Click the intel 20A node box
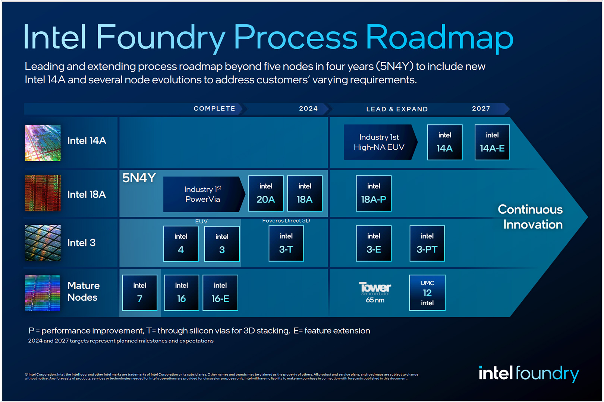[266, 193]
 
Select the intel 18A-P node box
[374, 193]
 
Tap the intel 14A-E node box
[492, 142]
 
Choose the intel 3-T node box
[286, 243]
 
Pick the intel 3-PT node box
[427, 243]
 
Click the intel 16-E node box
[220, 293]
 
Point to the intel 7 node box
[140, 293]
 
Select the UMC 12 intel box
[427, 293]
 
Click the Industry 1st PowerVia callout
[204, 194]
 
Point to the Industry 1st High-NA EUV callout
[381, 142]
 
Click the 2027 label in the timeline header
[481, 109]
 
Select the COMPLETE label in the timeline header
[214, 109]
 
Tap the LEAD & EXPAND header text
[397, 109]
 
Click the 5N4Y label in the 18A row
[139, 178]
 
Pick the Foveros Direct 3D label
[286, 220]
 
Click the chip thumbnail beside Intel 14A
[43, 143]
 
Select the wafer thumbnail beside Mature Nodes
[43, 293]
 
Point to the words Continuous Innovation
[531, 217]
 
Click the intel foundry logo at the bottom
[529, 373]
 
